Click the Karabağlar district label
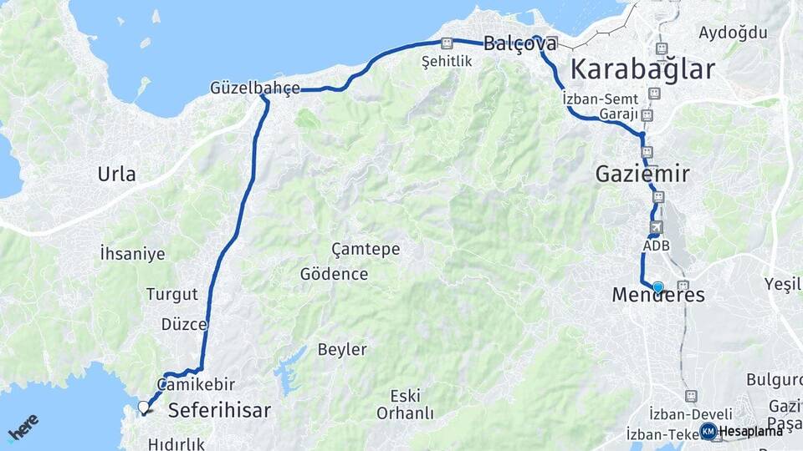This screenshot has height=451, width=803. pyautogui.click(x=642, y=68)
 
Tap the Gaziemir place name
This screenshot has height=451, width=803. pyautogui.click(x=642, y=174)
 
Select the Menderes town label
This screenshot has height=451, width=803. pyautogui.click(x=658, y=296)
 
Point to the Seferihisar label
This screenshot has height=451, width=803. pyautogui.click(x=220, y=410)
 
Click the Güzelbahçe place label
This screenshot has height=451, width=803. pyautogui.click(x=255, y=88)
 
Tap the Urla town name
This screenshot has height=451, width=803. pyautogui.click(x=116, y=175)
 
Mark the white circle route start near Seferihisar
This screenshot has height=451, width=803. pyautogui.click(x=144, y=408)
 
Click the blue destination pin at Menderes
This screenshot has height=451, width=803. pyautogui.click(x=658, y=287)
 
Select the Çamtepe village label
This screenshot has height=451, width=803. pyautogui.click(x=366, y=249)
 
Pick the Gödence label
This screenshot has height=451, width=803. pyautogui.click(x=334, y=274)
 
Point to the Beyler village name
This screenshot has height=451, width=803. pyautogui.click(x=341, y=349)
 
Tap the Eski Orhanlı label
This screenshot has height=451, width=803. pyautogui.click(x=405, y=404)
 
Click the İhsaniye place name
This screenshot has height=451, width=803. pyautogui.click(x=132, y=254)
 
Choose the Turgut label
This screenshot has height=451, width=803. pyautogui.click(x=172, y=294)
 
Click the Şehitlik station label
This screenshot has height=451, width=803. pyautogui.click(x=447, y=62)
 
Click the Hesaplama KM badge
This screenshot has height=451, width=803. pyautogui.click(x=742, y=431)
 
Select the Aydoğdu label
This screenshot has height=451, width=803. pyautogui.click(x=733, y=33)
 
